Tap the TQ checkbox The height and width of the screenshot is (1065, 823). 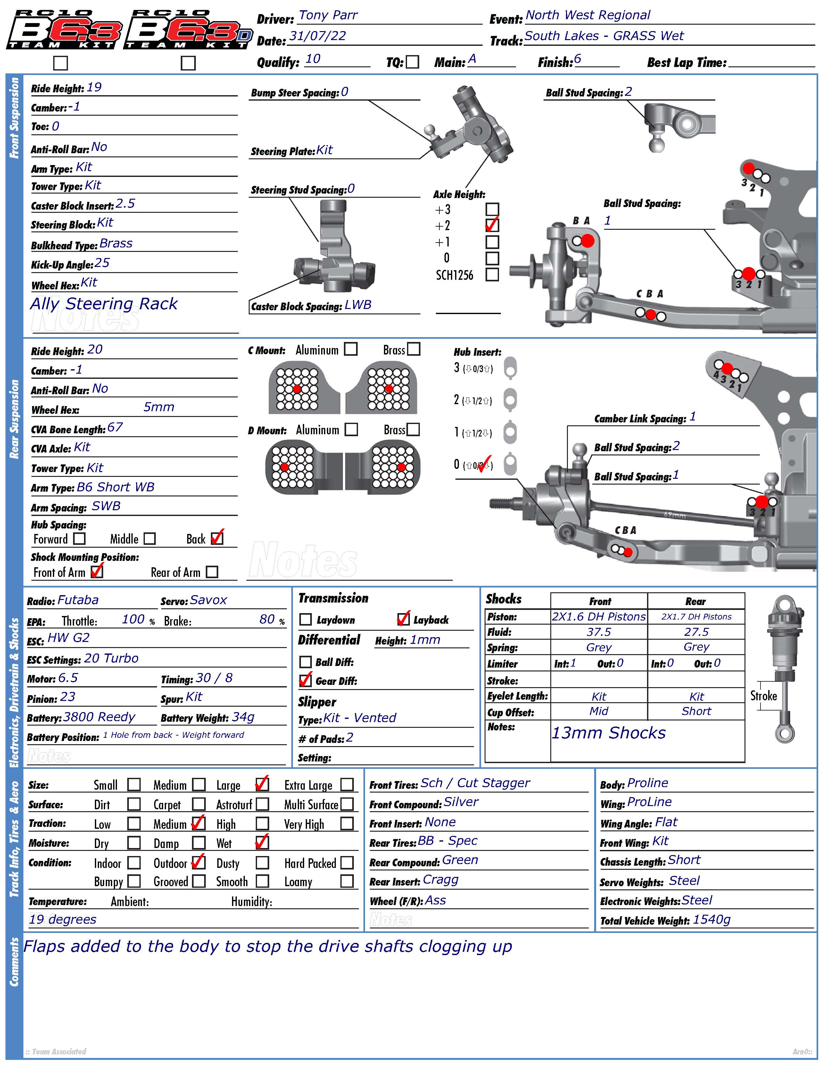pos(412,62)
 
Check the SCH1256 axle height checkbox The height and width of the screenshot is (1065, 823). pos(493,275)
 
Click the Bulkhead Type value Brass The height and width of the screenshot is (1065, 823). pos(116,243)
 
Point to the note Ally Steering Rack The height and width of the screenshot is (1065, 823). pos(104,304)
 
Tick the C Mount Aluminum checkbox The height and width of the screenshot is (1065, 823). pos(351,349)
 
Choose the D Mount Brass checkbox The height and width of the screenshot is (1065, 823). pos(413,429)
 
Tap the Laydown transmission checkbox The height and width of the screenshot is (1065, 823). pos(305,619)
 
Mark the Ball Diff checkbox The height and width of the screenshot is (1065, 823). pos(305,662)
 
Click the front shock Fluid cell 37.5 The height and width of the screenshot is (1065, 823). pos(599,632)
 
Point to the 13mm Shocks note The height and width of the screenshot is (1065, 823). pos(609,733)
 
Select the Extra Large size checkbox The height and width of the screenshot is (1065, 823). pos(347,785)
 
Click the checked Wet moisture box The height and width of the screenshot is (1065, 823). pos(262,842)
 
